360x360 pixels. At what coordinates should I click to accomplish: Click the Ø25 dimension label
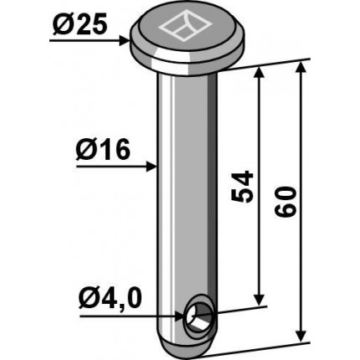tap(80, 26)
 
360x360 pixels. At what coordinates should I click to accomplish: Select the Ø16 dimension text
tap(103, 150)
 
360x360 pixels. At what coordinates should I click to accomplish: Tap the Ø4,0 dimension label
tap(111, 300)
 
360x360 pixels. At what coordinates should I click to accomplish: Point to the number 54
tap(242, 187)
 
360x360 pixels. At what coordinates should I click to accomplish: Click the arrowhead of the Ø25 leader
tap(125, 41)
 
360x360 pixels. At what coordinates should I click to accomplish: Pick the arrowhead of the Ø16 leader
tap(152, 167)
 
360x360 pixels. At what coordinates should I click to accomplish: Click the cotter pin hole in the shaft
tap(198, 316)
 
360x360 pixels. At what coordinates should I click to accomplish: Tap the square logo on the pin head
tap(185, 27)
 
